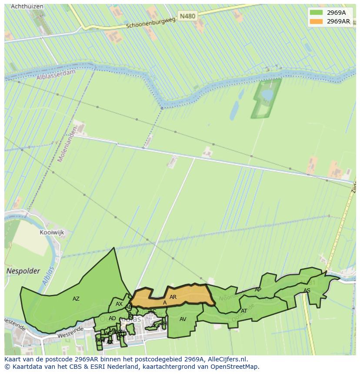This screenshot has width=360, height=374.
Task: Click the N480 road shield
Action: (x=188, y=16)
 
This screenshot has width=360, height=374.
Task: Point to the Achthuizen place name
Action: (x=24, y=7)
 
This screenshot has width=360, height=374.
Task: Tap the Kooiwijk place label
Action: (x=52, y=232)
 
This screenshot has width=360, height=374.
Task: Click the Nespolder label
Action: (x=23, y=271)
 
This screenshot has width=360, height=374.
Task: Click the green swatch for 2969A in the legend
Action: (x=316, y=13)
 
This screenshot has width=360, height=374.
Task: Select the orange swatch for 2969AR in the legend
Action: (x=316, y=21)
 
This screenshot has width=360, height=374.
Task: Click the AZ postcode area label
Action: (x=76, y=299)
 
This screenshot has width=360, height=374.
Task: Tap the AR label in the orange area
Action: (x=173, y=297)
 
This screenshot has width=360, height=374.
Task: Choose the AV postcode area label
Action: (x=183, y=319)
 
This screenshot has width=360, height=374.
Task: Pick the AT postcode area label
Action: (x=244, y=311)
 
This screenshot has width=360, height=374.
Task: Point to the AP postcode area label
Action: (x=258, y=290)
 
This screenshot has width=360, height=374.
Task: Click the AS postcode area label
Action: (x=307, y=291)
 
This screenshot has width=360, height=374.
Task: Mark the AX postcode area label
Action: (x=119, y=304)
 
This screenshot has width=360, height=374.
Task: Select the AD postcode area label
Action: (x=112, y=318)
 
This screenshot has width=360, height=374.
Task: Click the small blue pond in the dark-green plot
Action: (x=267, y=94)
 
